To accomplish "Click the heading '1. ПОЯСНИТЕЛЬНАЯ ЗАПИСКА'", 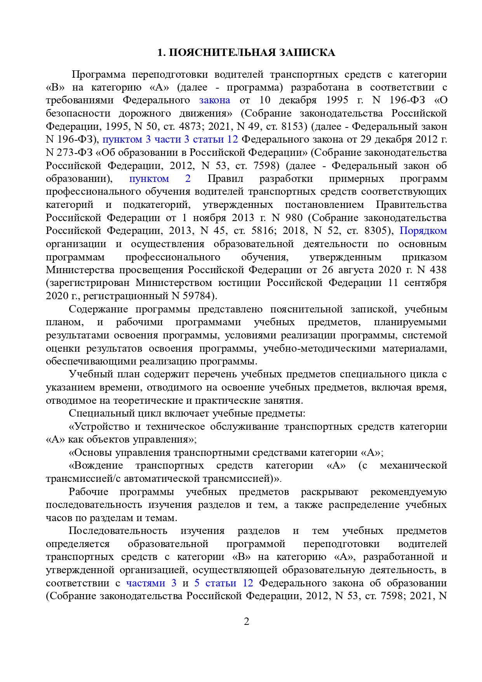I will [246, 53].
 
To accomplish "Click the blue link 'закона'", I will [214, 100].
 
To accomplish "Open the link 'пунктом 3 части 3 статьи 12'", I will [170, 140].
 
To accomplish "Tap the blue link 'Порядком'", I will [423, 231].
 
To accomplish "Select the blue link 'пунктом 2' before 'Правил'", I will [160, 179].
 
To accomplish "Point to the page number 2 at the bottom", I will [246, 621].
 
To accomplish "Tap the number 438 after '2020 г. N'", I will [438, 270].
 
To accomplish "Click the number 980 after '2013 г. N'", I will [294, 218].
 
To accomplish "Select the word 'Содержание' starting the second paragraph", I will [98, 309].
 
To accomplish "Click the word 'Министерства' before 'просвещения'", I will [80, 270].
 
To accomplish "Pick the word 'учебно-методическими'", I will [319, 349].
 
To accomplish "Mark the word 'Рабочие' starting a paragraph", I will [88, 492].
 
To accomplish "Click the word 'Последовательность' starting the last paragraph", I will [118, 531].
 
